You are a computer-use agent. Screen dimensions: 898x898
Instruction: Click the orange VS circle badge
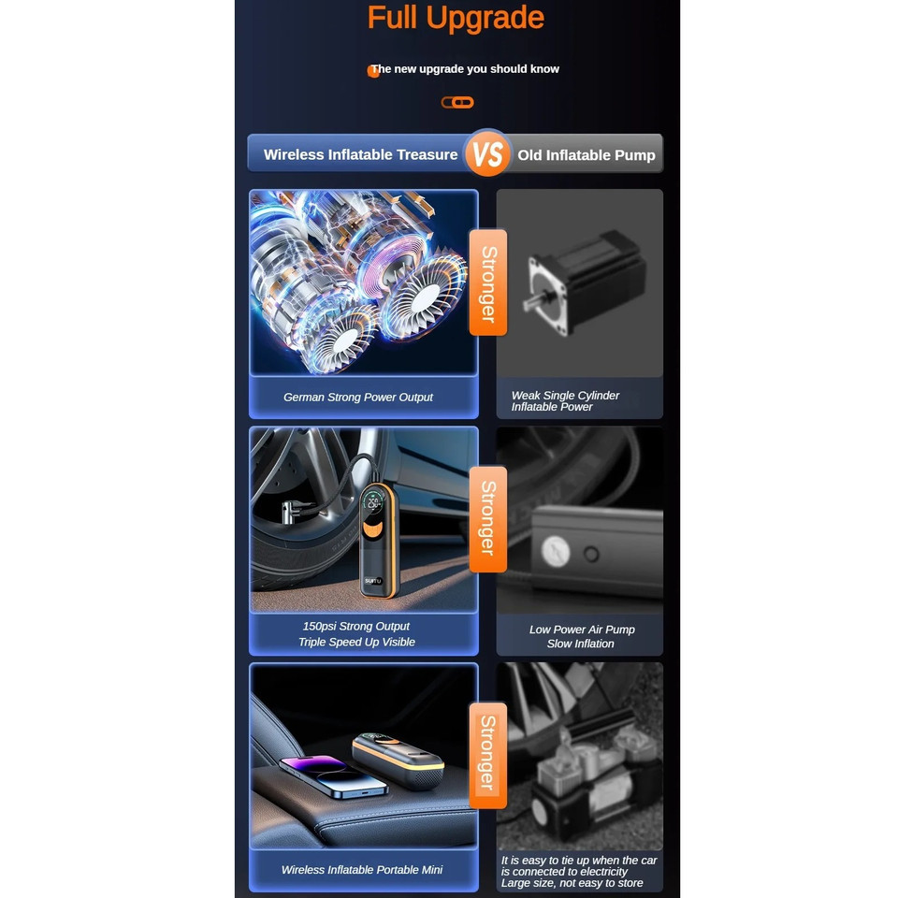pos(487,152)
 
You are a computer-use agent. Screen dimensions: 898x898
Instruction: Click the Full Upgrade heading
pos(456,18)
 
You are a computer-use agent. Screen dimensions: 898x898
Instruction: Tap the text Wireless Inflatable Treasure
pos(360,154)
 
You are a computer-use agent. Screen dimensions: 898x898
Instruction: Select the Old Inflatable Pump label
pos(587,155)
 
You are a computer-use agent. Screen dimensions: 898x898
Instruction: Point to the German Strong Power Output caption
pos(358,397)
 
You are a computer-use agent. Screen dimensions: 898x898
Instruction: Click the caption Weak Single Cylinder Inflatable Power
pos(565,401)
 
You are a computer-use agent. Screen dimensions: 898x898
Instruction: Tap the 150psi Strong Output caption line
pos(356,626)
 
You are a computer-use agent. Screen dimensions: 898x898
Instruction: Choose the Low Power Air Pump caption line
pos(582,630)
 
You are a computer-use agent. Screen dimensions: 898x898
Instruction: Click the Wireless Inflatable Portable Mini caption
pos(362,869)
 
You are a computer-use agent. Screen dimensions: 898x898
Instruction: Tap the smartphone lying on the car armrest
pos(333,776)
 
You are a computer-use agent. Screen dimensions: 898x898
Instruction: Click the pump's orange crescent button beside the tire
pos(373,529)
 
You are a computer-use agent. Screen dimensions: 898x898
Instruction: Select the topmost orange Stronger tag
pos(488,282)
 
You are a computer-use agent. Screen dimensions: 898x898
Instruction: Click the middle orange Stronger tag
pos(488,519)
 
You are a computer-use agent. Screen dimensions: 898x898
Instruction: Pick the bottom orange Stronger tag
pos(488,756)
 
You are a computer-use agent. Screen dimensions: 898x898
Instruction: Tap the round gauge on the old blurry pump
pos(555,552)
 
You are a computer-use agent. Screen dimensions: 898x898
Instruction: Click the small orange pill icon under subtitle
pos(457,103)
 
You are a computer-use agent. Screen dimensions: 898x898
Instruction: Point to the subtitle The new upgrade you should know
pos(465,68)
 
